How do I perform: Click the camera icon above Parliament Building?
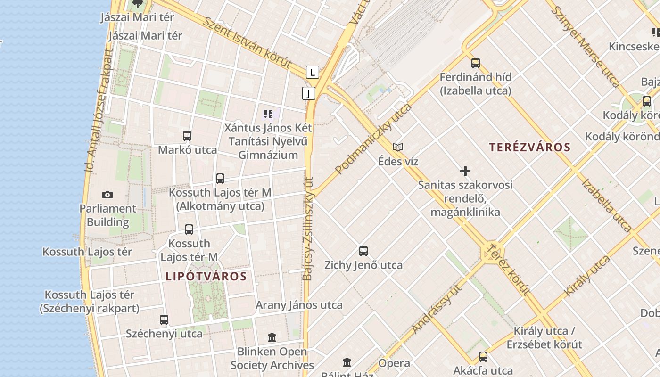107,195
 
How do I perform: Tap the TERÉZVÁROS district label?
530,147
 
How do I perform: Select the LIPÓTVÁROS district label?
206,276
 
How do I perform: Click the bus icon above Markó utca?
187,136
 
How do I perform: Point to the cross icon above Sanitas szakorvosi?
465,171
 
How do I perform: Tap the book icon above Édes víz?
398,148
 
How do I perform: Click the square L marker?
312,72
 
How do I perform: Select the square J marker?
308,93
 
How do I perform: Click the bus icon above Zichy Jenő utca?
363,251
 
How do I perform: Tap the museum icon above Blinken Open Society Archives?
272,338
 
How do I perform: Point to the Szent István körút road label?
247,42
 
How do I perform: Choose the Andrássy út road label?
436,309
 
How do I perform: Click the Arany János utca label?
299,305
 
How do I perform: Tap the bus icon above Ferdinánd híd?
475,63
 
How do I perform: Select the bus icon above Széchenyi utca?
164,320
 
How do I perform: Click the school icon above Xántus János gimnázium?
268,114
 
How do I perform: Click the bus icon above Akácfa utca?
483,357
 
